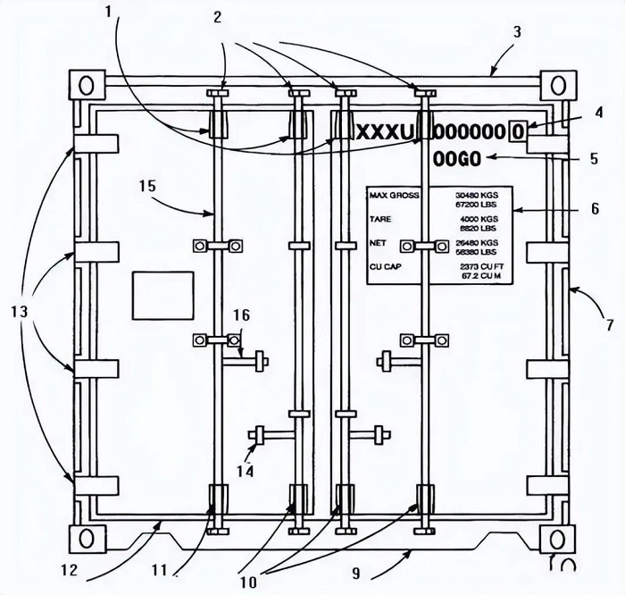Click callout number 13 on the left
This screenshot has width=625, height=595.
point(22,313)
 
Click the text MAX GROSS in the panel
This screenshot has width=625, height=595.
point(395,194)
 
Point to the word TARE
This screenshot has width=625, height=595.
point(381,218)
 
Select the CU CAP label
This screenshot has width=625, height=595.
point(388,266)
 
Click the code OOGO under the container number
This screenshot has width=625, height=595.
point(457,159)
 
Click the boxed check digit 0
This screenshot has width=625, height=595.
point(518,131)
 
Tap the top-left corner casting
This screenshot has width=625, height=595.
point(86,86)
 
